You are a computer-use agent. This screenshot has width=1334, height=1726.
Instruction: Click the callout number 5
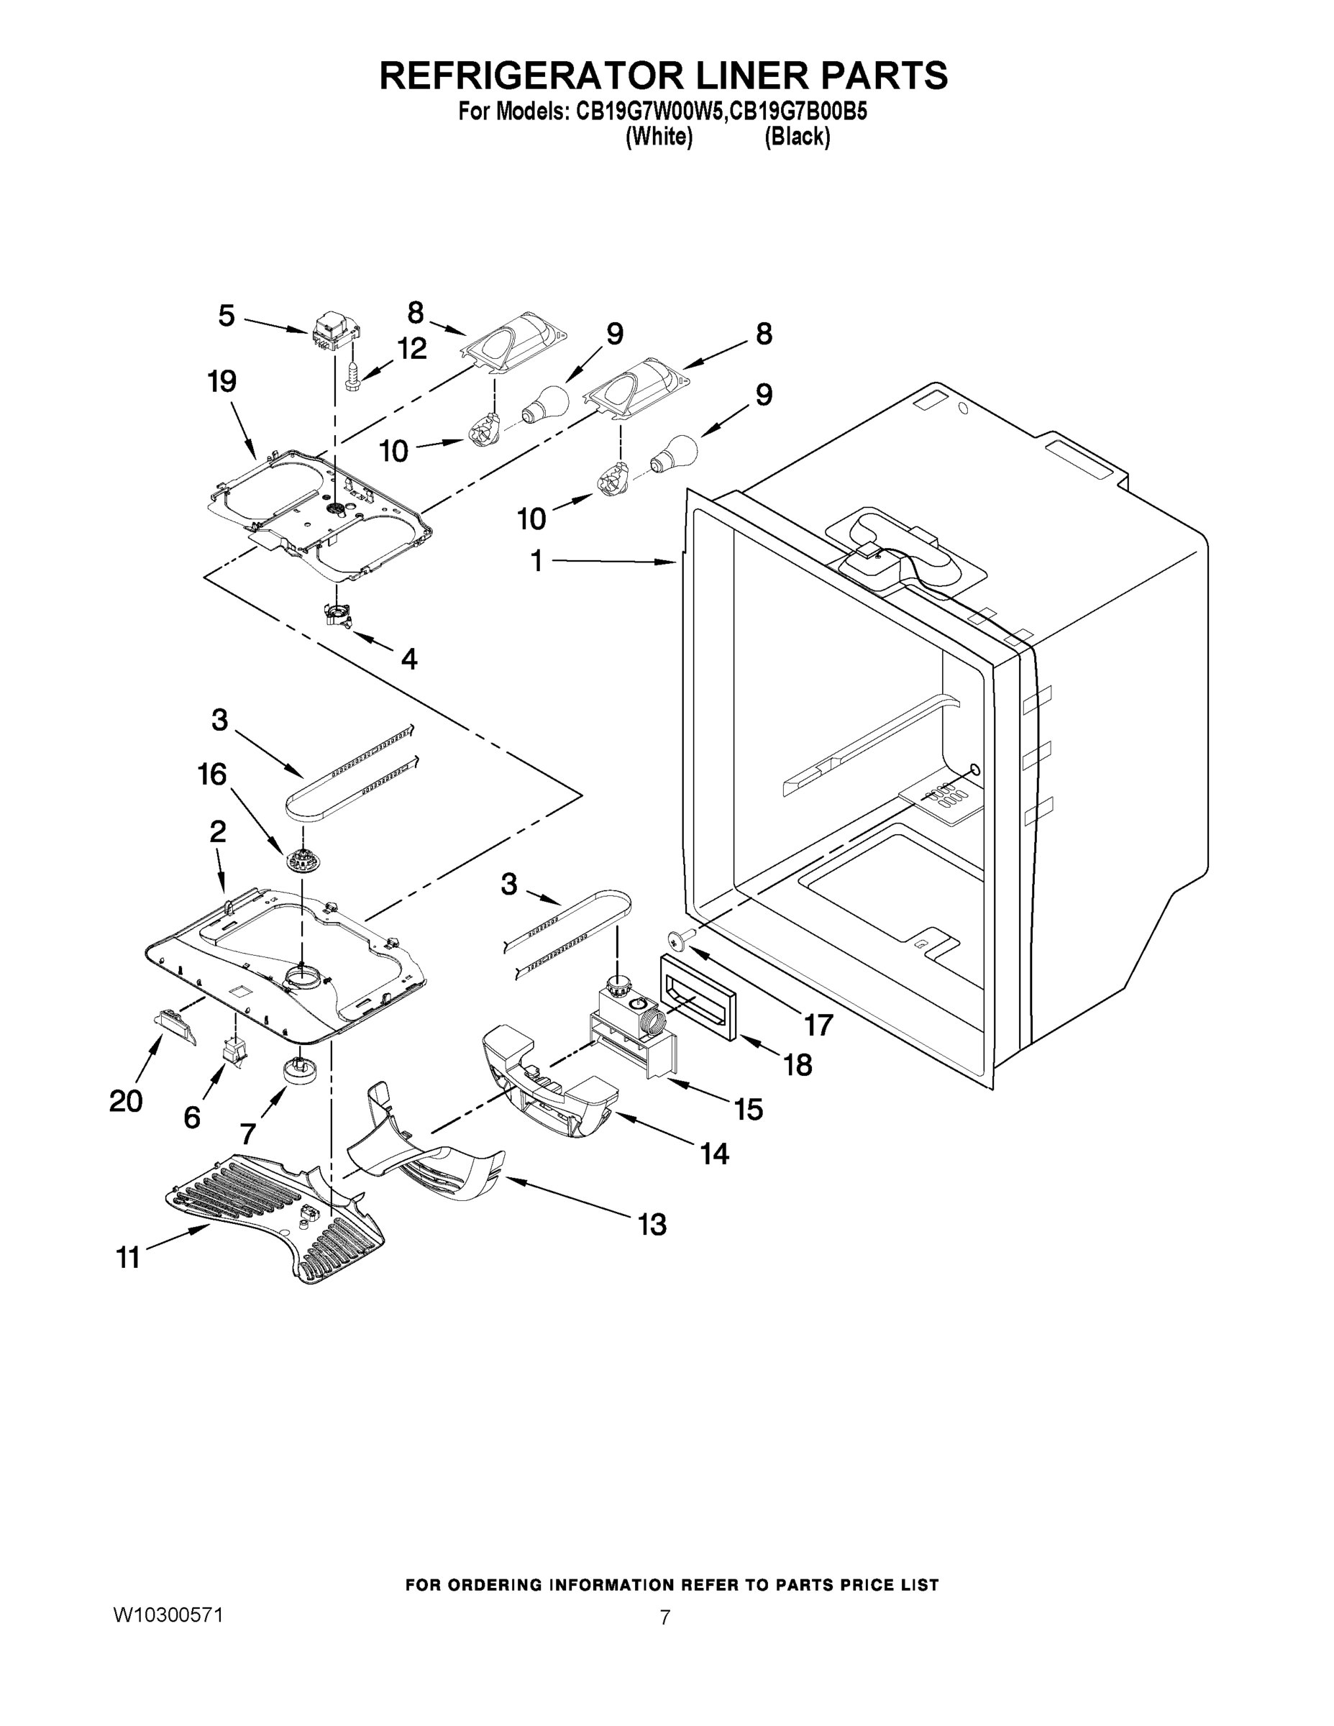(x=227, y=316)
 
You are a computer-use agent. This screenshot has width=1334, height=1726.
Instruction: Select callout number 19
(x=222, y=382)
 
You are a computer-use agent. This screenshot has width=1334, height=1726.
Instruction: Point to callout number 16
(x=213, y=775)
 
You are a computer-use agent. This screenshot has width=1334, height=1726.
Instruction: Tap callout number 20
(x=126, y=1101)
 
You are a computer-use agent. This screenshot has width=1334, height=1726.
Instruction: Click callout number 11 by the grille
(x=128, y=1256)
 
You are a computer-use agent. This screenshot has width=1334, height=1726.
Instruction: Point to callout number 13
(x=652, y=1224)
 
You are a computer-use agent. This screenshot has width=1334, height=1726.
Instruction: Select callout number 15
(x=748, y=1109)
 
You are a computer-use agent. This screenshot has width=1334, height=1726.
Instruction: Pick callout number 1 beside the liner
(x=536, y=561)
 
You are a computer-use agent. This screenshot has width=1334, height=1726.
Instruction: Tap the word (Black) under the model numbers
(x=797, y=137)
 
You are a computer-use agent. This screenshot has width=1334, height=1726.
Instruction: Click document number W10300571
(x=168, y=1615)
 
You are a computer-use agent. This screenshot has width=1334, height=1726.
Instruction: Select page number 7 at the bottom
(x=664, y=1617)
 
